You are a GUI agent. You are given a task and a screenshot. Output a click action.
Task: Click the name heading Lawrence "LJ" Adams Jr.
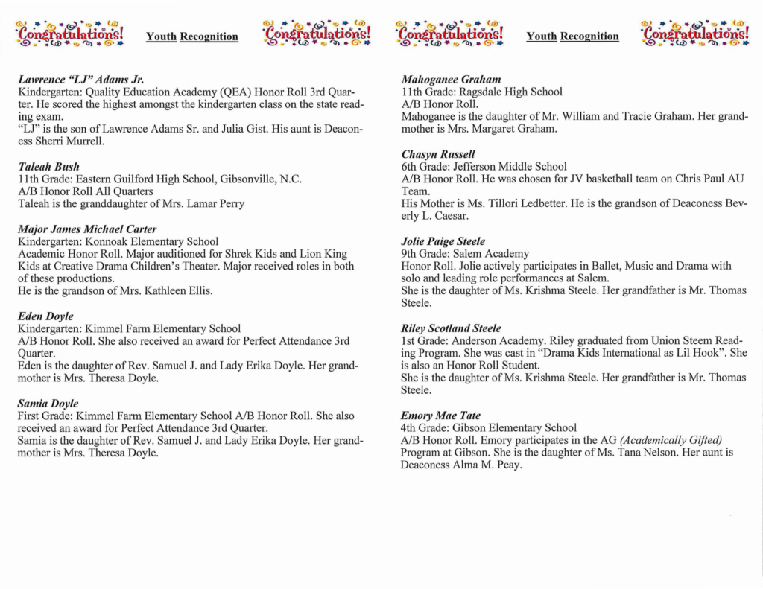(x=80, y=79)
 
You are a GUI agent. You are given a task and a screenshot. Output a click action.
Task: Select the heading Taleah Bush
(x=48, y=167)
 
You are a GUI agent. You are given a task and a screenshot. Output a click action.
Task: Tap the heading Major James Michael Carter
(x=87, y=229)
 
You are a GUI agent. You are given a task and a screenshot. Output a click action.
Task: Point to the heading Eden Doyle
(x=45, y=316)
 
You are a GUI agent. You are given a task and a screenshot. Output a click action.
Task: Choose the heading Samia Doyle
(x=48, y=404)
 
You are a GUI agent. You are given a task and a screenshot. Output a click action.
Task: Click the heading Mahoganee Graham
(x=451, y=79)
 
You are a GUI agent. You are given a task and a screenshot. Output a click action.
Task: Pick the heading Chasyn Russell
(x=438, y=154)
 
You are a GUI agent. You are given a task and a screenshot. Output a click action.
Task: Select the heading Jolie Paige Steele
(x=443, y=241)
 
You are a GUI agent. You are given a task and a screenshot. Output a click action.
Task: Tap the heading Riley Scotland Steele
(x=451, y=328)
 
